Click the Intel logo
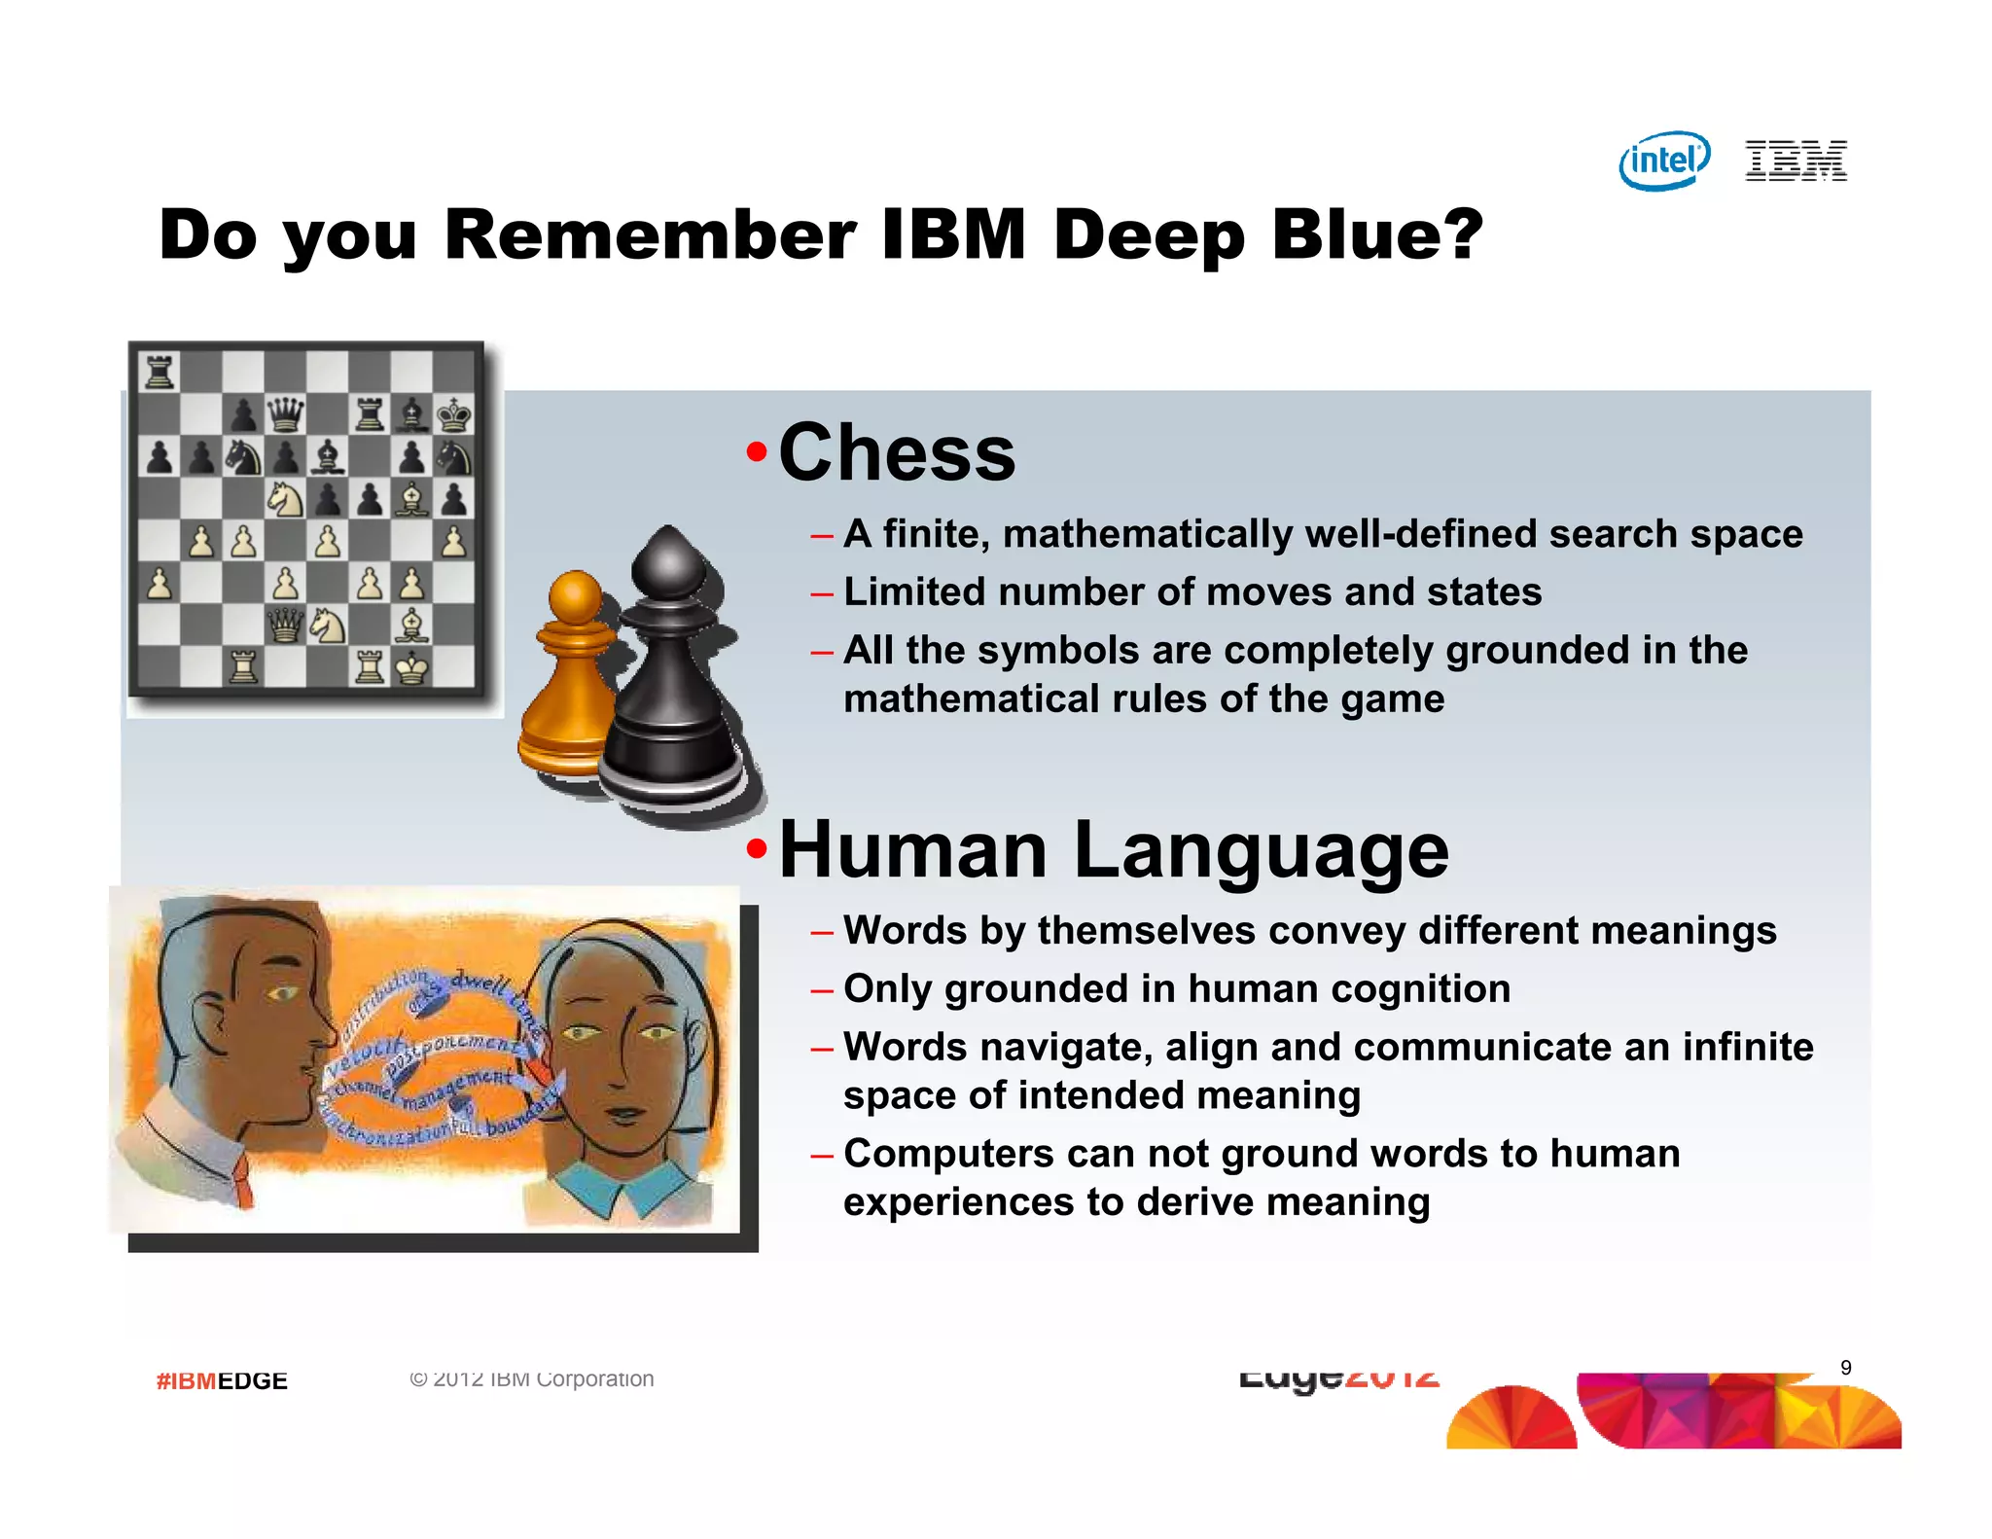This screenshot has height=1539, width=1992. click(x=1664, y=161)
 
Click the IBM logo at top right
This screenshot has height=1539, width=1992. click(x=1796, y=161)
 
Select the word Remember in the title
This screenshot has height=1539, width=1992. click(x=650, y=234)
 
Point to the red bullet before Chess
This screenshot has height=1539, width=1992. click(x=757, y=452)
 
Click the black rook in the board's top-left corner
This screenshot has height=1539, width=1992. click(x=159, y=372)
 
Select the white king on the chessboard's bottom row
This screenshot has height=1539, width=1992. click(x=412, y=667)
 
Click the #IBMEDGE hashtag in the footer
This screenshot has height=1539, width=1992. click(x=222, y=1380)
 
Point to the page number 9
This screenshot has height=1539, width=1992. click(x=1845, y=1368)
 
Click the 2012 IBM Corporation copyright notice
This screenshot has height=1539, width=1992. click(x=532, y=1378)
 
